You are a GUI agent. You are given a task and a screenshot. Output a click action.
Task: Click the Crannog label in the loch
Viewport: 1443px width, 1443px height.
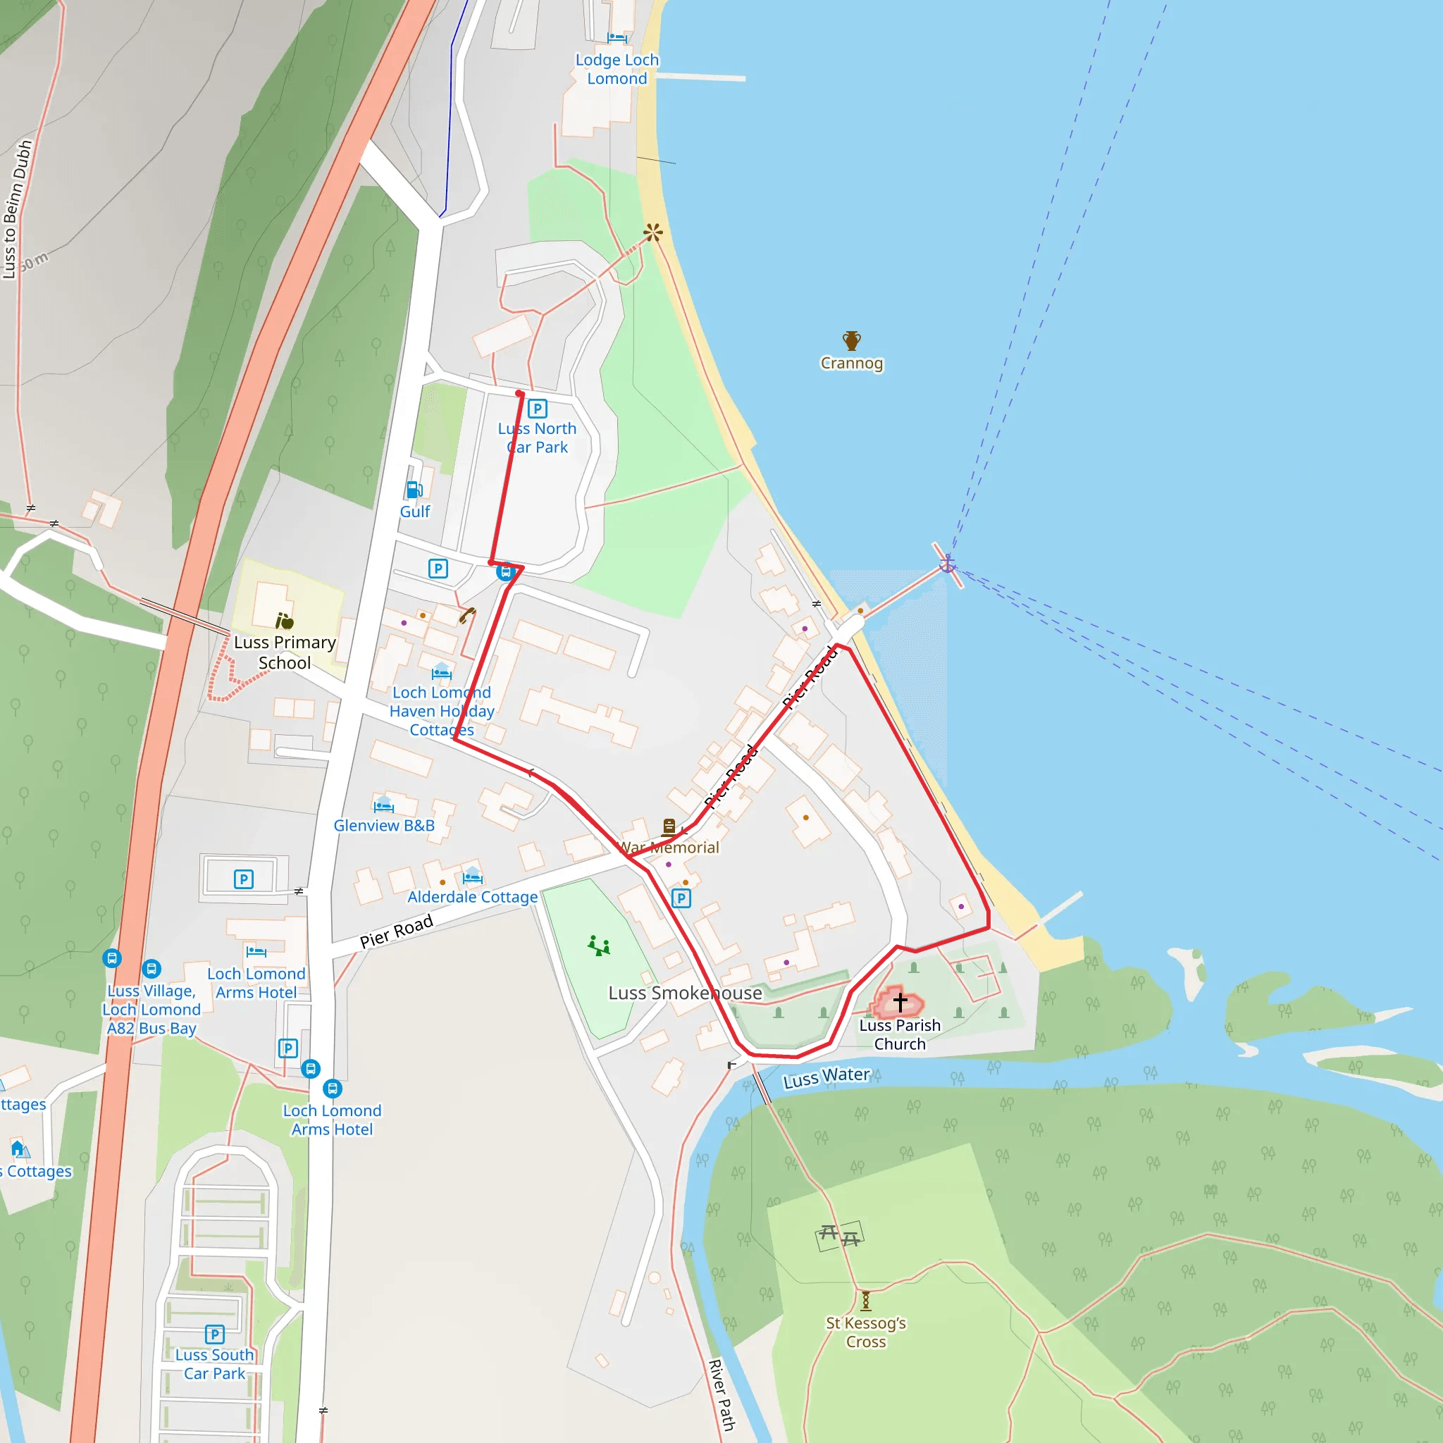point(851,364)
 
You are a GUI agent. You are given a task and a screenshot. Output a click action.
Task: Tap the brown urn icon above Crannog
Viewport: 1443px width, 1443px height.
point(851,340)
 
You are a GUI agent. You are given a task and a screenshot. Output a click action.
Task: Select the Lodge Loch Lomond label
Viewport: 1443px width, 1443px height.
point(617,69)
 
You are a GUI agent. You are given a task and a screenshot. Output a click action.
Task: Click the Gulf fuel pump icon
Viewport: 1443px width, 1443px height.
point(414,490)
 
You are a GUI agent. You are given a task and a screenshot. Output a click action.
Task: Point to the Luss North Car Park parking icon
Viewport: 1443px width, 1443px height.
point(537,409)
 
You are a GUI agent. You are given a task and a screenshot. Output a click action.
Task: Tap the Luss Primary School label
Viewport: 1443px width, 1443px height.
point(285,652)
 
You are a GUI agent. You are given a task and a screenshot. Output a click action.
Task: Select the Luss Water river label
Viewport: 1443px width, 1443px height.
point(826,1078)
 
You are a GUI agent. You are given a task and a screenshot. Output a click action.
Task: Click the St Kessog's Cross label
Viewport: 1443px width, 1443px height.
point(866,1332)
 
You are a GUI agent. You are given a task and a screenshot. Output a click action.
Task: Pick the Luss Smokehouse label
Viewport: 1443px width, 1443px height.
point(685,993)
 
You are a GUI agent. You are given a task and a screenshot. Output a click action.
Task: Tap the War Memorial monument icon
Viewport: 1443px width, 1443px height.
point(669,826)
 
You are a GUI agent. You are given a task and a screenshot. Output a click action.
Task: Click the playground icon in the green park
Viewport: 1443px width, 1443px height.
point(599,946)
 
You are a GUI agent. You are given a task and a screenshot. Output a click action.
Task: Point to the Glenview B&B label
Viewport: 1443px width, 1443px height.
point(384,825)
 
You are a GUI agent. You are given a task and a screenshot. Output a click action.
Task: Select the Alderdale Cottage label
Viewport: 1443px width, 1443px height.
point(472,896)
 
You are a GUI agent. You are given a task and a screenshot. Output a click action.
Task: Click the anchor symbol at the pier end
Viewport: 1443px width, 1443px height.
point(947,563)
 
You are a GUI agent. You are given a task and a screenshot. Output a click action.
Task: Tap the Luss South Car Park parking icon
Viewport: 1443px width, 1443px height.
point(214,1334)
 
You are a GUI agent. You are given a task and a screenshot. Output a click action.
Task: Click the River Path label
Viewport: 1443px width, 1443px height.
point(722,1394)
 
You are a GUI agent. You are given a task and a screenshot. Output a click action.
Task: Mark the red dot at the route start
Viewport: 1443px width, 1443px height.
point(519,394)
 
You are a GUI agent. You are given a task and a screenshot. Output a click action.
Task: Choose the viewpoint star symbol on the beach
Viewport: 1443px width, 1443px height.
point(652,233)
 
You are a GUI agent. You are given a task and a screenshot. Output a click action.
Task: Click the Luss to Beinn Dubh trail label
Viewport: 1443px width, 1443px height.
point(17,209)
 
